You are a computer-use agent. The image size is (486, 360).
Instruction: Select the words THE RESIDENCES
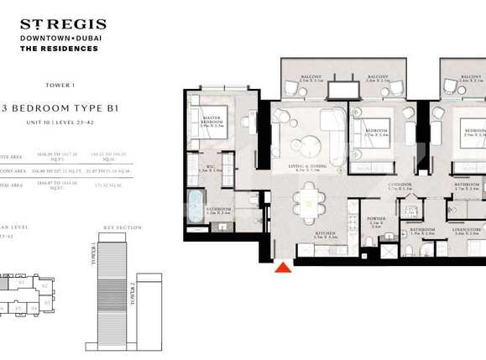[x=59, y=49]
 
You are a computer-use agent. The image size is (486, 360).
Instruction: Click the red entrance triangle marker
[x=284, y=268]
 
